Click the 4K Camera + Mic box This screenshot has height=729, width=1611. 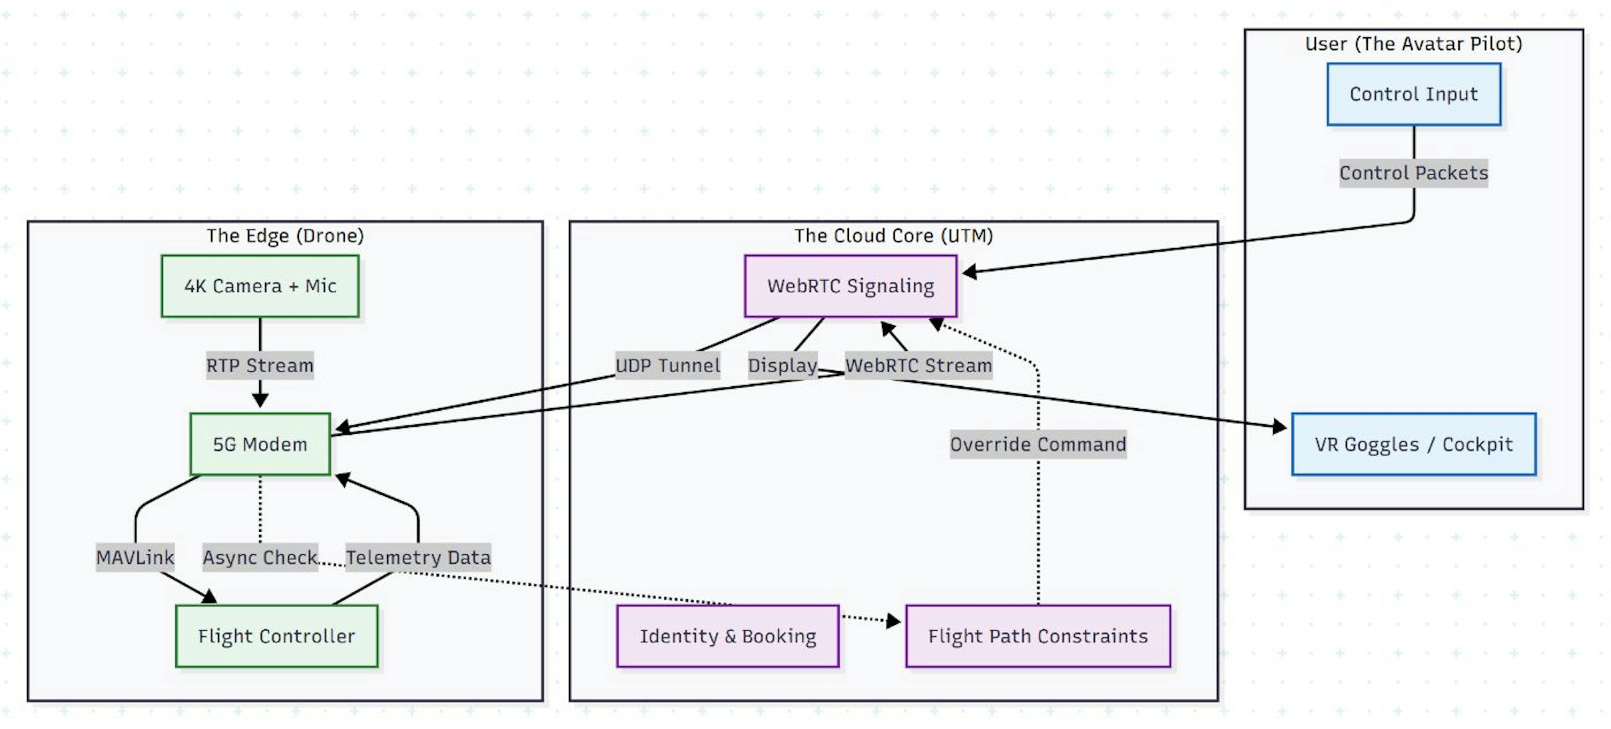[x=260, y=286]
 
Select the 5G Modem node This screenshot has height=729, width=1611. [x=260, y=444]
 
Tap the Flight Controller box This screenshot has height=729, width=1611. [x=276, y=636]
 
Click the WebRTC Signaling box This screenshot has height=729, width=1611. [x=850, y=286]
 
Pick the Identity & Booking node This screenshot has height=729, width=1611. [x=727, y=636]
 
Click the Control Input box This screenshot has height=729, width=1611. [x=1413, y=94]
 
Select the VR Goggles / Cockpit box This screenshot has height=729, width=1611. [x=1413, y=444]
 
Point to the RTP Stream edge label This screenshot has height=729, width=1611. [x=260, y=365]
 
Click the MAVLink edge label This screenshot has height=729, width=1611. [x=135, y=557]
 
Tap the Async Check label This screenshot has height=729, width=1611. [x=260, y=557]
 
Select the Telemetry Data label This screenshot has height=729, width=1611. [x=418, y=557]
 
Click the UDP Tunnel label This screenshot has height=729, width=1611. [x=667, y=365]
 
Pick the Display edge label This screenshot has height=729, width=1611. [x=782, y=365]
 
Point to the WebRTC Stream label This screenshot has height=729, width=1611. [x=918, y=365]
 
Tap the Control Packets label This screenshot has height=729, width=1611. [x=1413, y=173]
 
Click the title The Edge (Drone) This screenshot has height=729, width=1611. [x=285, y=236]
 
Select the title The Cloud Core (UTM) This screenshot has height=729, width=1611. [x=893, y=236]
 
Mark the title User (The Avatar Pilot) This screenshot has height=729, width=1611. [x=1413, y=44]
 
